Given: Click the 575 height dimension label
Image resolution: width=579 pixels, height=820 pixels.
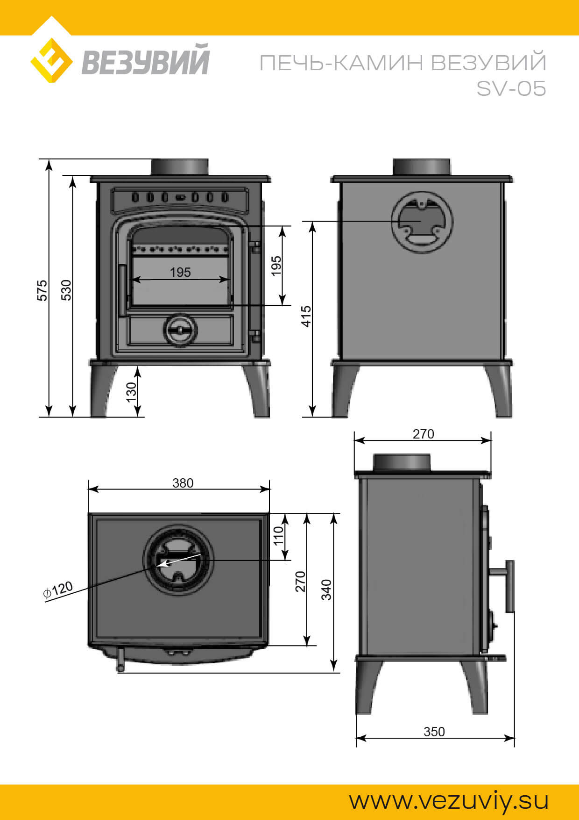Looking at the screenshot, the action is pos(42,290).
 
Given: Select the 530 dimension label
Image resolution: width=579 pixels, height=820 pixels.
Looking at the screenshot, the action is pos(67,290).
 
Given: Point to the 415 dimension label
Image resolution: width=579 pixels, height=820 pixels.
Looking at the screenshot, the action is pos(306,316).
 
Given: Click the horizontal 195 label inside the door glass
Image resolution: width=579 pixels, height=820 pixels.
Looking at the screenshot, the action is pos(180,272).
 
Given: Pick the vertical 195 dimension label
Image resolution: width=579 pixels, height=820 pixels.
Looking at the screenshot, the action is pos(276,266).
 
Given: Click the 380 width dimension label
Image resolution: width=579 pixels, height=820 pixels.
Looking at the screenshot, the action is pos(183,483).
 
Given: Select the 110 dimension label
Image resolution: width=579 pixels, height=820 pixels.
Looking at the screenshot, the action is pos(278,536).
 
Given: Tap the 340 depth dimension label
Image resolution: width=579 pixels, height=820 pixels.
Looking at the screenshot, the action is pos(326,590).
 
